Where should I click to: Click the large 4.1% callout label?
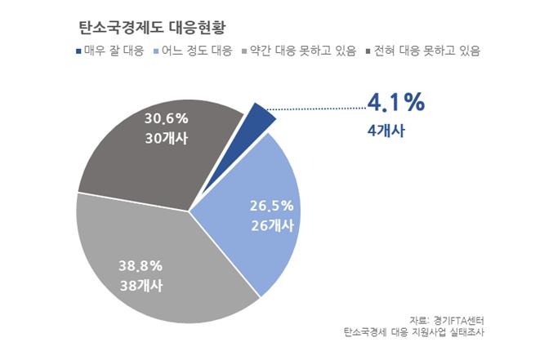pyautogui.click(x=395, y=103)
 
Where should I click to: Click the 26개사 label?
pyautogui.click(x=270, y=225)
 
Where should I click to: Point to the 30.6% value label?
pyautogui.click(x=166, y=118)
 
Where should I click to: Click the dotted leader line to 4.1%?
pyautogui.click(x=319, y=106)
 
